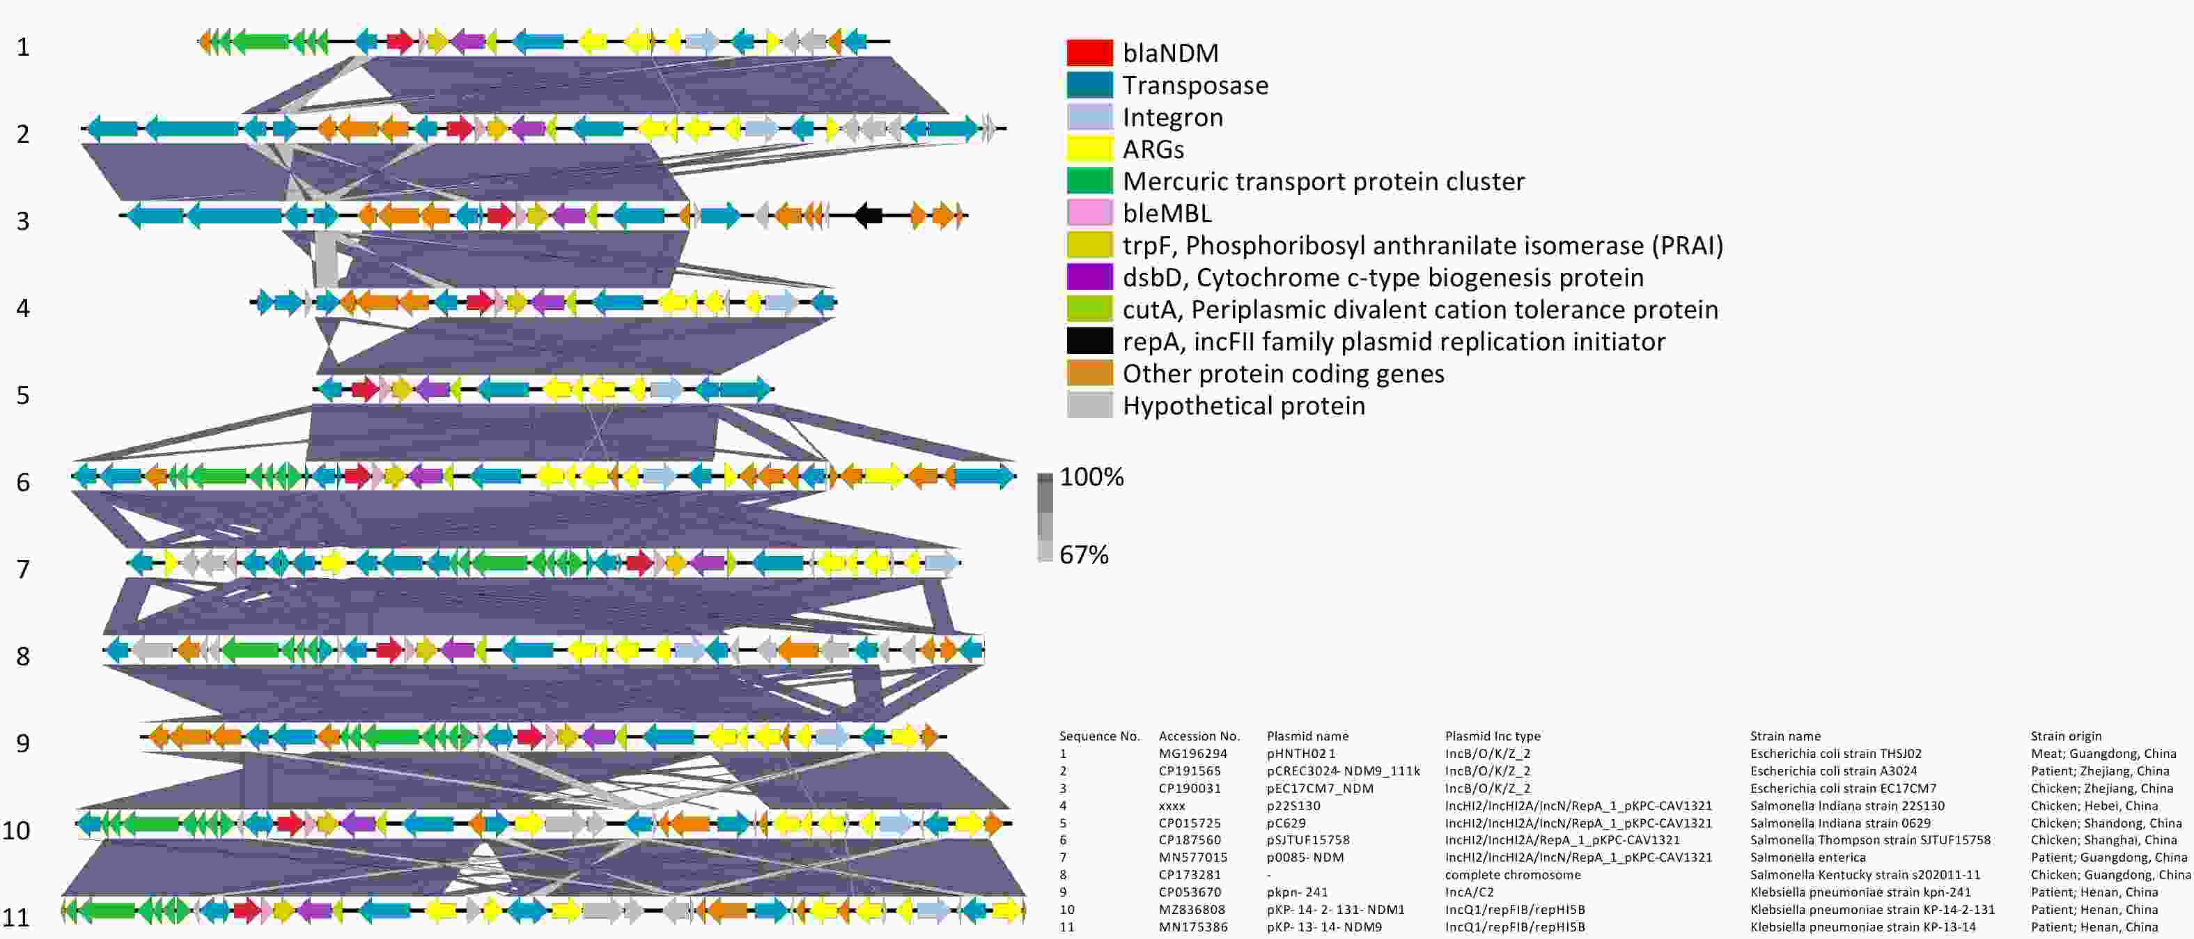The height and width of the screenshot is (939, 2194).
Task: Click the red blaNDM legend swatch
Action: [x=1089, y=53]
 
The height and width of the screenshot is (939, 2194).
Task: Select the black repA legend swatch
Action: [x=1089, y=341]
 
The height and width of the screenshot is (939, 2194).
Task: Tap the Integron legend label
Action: [x=1172, y=118]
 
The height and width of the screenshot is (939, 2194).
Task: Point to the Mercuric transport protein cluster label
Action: [x=1323, y=182]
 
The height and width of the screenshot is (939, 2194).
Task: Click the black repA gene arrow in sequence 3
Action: [x=868, y=215]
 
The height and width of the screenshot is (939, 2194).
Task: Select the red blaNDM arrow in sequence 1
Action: [x=400, y=41]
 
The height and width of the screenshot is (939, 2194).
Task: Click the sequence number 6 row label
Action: [x=23, y=482]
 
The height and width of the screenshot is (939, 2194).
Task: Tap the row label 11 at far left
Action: [x=16, y=917]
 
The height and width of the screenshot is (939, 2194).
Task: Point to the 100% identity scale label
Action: [x=1091, y=477]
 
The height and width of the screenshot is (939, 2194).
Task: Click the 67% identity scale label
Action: [x=1083, y=554]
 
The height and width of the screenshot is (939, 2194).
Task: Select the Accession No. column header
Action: [x=1199, y=736]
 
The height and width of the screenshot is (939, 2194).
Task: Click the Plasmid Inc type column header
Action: [x=1492, y=736]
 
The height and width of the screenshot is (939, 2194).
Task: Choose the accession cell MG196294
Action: [x=1192, y=753]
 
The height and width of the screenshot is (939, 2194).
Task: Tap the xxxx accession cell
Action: [x=1172, y=806]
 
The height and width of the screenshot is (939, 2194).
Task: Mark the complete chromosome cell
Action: [x=1513, y=875]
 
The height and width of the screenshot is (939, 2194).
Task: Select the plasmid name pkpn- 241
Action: [x=1297, y=892]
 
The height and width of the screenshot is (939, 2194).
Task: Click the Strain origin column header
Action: [x=2065, y=736]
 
